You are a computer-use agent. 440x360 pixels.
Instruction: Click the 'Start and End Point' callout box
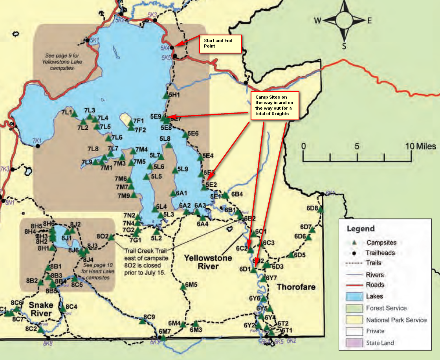point(220,44)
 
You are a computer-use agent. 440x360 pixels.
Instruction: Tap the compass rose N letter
point(344,5)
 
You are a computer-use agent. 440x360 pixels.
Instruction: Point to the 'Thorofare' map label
point(296,287)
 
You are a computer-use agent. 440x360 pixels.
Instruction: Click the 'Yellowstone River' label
point(208,263)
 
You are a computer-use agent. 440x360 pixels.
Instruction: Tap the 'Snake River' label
point(41,309)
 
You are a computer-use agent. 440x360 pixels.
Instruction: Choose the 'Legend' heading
point(361,229)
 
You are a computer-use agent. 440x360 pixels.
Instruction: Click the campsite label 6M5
point(191,285)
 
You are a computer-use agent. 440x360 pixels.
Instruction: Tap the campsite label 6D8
point(312,208)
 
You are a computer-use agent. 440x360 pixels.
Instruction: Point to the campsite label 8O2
point(102,236)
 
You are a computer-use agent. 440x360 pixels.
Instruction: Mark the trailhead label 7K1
point(37,140)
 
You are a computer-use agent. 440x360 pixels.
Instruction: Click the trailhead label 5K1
point(94,40)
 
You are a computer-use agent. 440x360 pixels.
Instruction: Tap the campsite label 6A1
point(181,193)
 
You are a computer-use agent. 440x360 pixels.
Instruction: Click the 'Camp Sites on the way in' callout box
point(275,105)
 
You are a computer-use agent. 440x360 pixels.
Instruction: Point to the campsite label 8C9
point(149,317)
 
